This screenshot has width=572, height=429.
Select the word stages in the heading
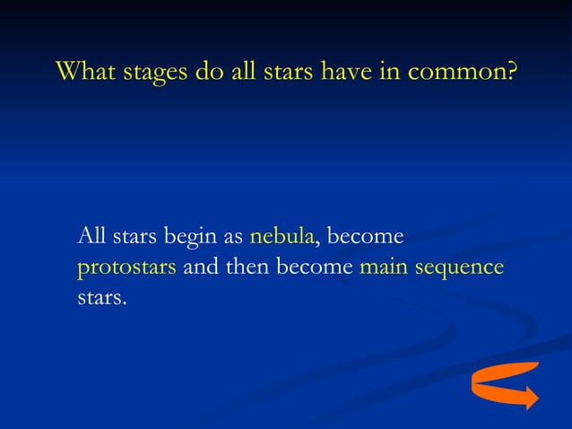151,73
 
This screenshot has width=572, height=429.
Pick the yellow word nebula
282,237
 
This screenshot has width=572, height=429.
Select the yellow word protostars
126,268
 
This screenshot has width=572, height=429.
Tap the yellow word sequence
459,268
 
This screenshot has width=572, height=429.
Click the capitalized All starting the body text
91,237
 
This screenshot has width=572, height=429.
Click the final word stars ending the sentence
101,297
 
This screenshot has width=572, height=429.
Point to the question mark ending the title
510,71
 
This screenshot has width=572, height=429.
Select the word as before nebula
233,239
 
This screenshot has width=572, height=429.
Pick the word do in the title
205,71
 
